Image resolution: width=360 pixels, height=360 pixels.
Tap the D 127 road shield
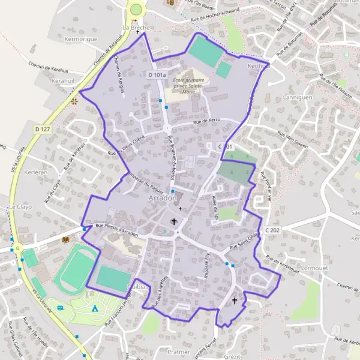41,128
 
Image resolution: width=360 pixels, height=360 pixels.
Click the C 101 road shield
225,146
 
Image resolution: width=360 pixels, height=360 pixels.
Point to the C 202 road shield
272,230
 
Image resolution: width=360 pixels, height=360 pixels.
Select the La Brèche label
135,28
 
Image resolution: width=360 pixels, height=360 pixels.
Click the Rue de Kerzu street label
207,121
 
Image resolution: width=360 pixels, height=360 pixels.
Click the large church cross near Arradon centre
175,222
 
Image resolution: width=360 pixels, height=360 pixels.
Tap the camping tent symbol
95,308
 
